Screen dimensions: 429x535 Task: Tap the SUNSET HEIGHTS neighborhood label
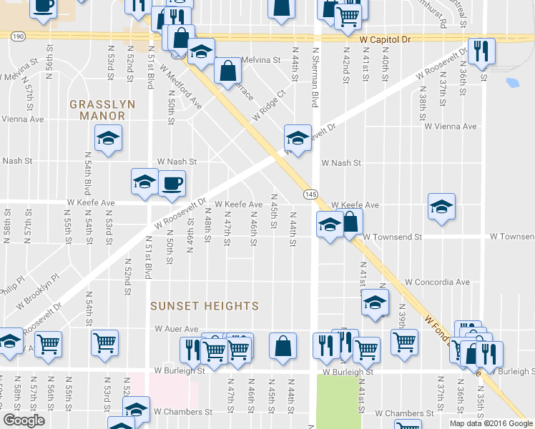tap(204, 306)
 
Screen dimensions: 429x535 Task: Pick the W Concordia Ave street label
tap(436, 282)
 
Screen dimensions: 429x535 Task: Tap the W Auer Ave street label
tap(177, 329)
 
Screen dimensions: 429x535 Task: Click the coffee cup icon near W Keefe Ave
tap(172, 184)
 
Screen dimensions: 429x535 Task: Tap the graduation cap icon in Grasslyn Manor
tap(108, 138)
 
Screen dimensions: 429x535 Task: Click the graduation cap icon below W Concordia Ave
tap(375, 302)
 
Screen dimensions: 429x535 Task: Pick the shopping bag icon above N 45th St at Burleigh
tap(283, 345)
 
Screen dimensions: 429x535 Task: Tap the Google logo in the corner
tap(24, 420)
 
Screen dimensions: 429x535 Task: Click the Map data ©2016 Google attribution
tap(491, 423)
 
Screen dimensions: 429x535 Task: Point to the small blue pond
tap(512, 82)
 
